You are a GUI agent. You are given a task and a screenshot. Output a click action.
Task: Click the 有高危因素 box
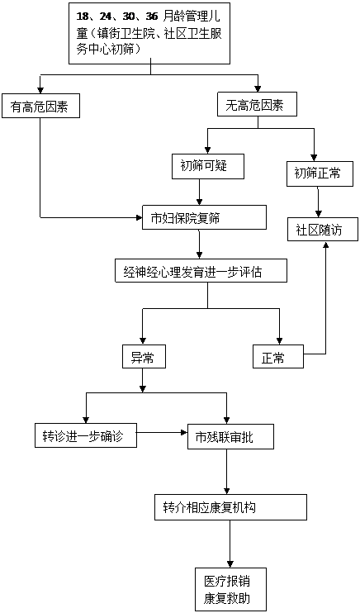tap(40, 106)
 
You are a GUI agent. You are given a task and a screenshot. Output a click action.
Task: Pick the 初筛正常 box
tap(317, 173)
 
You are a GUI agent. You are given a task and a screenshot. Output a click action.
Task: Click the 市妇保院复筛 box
tap(204, 217)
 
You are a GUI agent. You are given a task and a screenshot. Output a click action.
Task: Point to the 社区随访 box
tap(323, 229)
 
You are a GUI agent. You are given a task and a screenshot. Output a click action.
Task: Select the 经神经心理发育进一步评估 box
tap(201, 270)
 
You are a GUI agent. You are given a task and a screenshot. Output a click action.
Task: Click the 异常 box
tap(144, 356)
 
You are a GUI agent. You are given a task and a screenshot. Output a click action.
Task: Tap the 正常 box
tap(278, 356)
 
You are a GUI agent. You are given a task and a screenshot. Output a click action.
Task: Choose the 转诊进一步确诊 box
tap(86, 435)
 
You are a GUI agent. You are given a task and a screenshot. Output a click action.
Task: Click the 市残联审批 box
tap(230, 435)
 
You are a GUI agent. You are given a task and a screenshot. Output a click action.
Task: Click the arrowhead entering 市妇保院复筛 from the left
tap(140, 217)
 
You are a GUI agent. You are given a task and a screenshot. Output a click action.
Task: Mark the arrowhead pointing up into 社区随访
tap(325, 244)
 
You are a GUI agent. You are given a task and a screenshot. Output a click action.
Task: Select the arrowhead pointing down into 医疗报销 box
tap(230, 565)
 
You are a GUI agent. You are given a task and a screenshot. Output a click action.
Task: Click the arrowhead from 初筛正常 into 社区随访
tap(319, 214)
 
